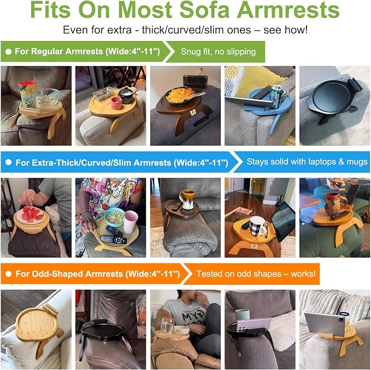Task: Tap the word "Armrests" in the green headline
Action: [288, 10]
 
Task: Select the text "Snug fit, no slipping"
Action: [218, 51]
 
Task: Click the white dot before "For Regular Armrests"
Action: [9, 51]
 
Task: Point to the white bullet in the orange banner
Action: [9, 274]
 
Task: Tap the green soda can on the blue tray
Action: [277, 97]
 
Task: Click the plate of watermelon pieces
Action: [30, 214]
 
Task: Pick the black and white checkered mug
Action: [257, 226]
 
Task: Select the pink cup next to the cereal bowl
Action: [131, 222]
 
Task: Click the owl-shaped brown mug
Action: [334, 204]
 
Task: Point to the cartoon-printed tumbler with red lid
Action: [27, 94]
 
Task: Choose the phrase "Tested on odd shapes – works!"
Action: [256, 274]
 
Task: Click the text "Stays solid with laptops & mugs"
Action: [307, 162]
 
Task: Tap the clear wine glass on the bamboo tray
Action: [168, 325]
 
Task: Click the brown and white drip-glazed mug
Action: [188, 199]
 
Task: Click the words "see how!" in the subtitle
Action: [286, 30]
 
